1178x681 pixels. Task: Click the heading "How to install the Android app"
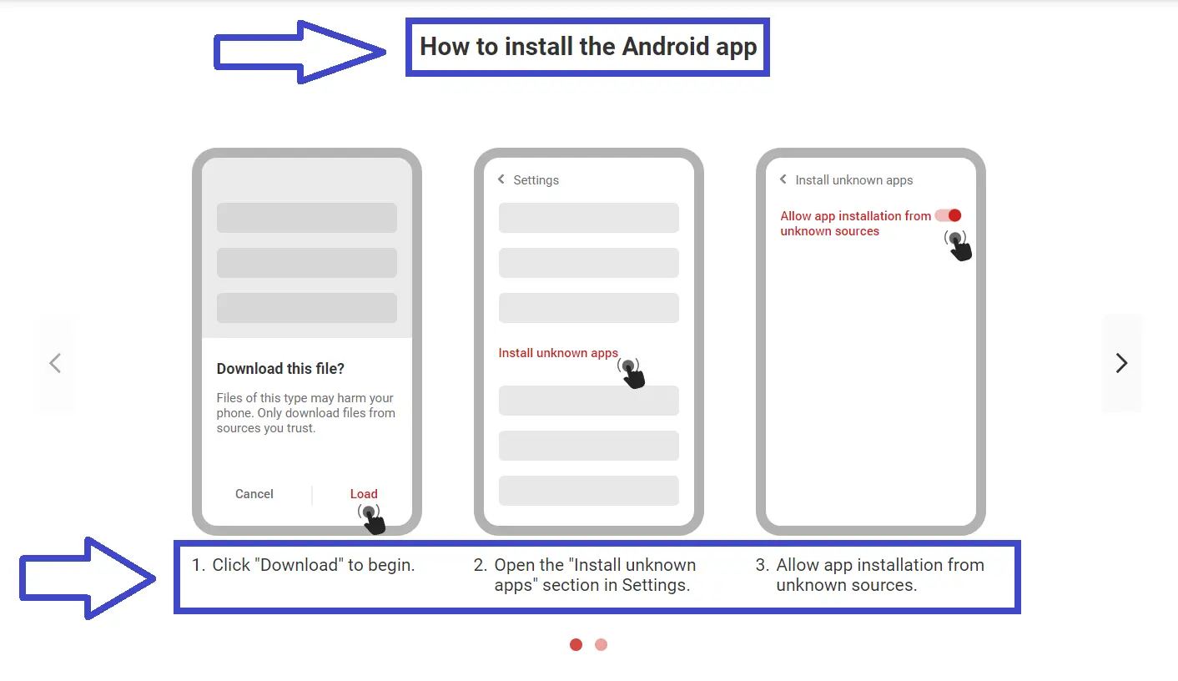coord(587,47)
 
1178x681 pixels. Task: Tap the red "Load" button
coord(364,494)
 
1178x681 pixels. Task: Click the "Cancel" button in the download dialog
coord(254,494)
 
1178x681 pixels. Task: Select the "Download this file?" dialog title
coord(280,369)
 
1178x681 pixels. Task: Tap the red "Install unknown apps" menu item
coord(558,353)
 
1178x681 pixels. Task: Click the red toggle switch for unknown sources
coord(949,215)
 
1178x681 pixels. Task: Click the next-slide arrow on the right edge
coord(1121,363)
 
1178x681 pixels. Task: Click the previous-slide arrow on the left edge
coord(55,363)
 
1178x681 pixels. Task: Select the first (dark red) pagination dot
coord(576,644)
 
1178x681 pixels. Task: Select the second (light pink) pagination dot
coord(601,644)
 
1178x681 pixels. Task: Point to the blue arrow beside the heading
coord(299,52)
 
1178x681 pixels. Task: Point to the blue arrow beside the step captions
coord(87,578)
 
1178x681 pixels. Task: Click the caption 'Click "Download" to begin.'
coord(313,565)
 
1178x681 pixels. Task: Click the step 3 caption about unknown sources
coord(879,575)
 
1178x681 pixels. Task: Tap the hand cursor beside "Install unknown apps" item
coord(632,373)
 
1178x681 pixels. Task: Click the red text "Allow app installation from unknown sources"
coord(854,223)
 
